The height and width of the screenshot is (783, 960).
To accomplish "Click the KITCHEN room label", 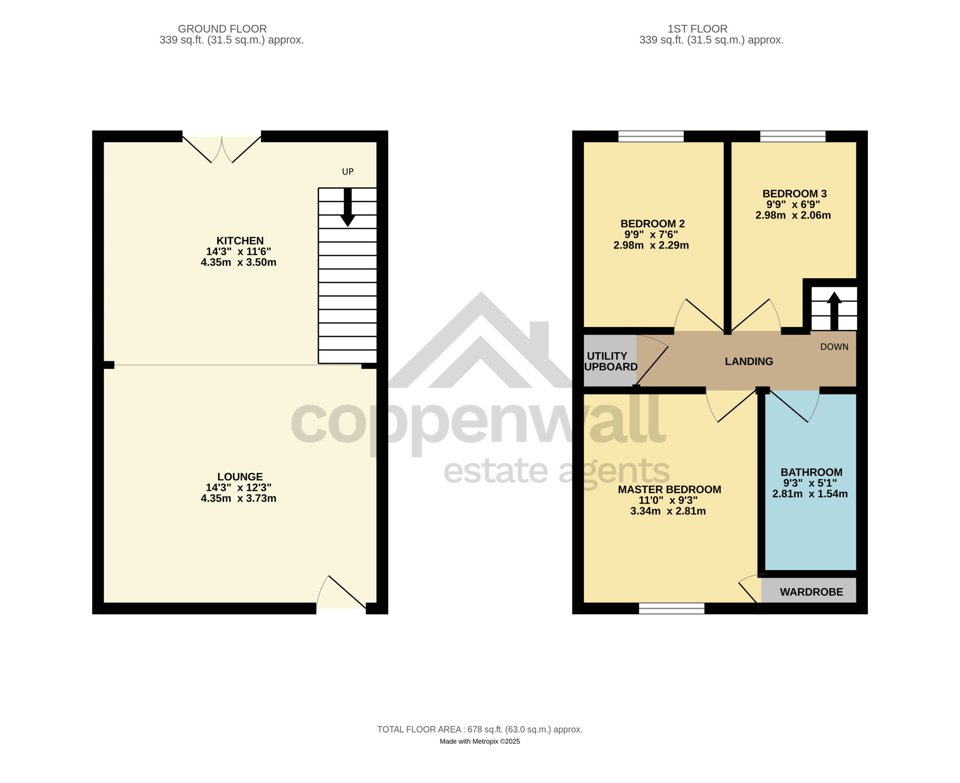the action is [x=240, y=241].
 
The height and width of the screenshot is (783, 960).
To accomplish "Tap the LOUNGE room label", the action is [x=240, y=477].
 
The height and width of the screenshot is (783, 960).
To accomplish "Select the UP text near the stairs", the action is [x=348, y=171].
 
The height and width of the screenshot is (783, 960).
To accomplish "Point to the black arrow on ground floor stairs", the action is [x=348, y=207].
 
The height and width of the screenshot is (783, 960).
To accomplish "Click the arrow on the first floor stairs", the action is [x=834, y=311].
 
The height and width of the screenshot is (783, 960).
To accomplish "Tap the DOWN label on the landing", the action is [x=834, y=347].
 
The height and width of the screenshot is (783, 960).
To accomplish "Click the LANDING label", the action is [x=749, y=361].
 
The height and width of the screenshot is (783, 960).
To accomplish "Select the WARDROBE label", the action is [x=811, y=592].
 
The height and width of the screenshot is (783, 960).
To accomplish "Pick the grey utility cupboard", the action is [x=610, y=361].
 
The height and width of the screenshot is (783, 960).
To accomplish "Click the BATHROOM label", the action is [x=811, y=472].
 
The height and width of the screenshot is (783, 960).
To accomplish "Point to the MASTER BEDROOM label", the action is [x=670, y=489].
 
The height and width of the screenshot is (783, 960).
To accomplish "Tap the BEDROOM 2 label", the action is [x=652, y=224].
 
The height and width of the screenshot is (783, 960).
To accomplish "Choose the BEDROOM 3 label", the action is [x=795, y=193].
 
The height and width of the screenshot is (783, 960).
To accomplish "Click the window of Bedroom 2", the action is [x=651, y=136].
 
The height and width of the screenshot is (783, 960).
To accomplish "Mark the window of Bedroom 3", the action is [x=793, y=136].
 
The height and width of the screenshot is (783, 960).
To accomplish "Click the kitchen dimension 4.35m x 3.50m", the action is [x=238, y=262].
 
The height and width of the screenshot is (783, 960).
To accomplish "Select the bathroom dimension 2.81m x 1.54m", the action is [x=810, y=494].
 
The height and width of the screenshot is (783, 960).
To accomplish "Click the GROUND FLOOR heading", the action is [x=222, y=29].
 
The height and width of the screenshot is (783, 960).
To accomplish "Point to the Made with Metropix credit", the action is [x=480, y=741].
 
